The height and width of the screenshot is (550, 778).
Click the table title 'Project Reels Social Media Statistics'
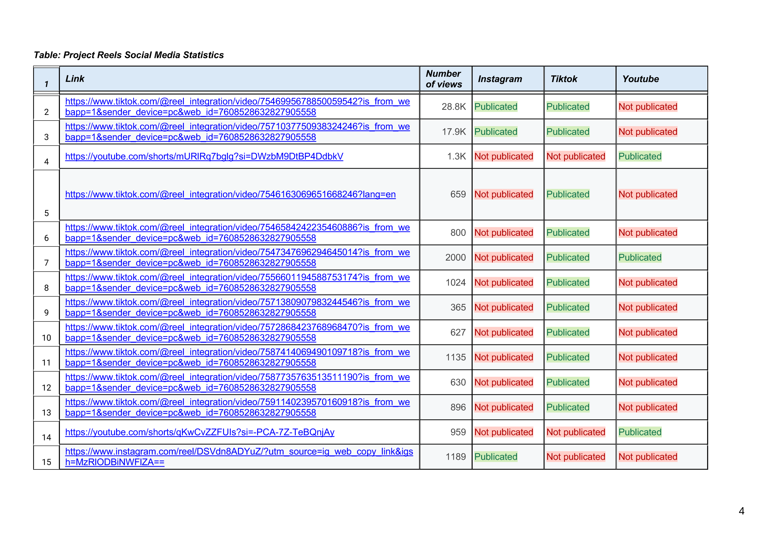pyautogui.click(x=129, y=55)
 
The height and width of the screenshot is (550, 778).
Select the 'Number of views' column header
pyautogui.click(x=444, y=79)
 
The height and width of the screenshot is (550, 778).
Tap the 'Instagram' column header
pyautogui.click(x=500, y=79)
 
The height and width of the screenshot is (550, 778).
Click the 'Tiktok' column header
pyautogui.click(x=564, y=79)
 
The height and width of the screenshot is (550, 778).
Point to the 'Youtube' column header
pyautogui.click(x=640, y=79)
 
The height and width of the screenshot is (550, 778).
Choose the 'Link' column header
pyautogui.click(x=74, y=79)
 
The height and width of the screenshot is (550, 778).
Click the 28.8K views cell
pyautogui.click(x=454, y=107)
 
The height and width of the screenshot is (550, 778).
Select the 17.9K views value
pyautogui.click(x=454, y=132)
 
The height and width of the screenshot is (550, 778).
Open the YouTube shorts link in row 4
pyautogui.click(x=204, y=156)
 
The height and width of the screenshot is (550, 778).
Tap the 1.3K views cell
pyautogui.click(x=456, y=156)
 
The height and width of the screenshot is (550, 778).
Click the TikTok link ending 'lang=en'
pyautogui.click(x=230, y=194)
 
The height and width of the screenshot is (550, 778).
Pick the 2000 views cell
pyautogui.click(x=456, y=258)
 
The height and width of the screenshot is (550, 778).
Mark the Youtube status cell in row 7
pyautogui.click(x=640, y=258)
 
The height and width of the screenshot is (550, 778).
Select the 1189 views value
pyautogui.click(x=456, y=457)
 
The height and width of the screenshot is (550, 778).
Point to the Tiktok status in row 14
pyautogui.click(x=576, y=432)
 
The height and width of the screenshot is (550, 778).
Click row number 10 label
pyautogui.click(x=46, y=338)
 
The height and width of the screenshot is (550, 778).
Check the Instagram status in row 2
pyautogui.click(x=496, y=107)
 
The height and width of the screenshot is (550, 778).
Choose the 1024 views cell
pyautogui.click(x=456, y=283)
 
